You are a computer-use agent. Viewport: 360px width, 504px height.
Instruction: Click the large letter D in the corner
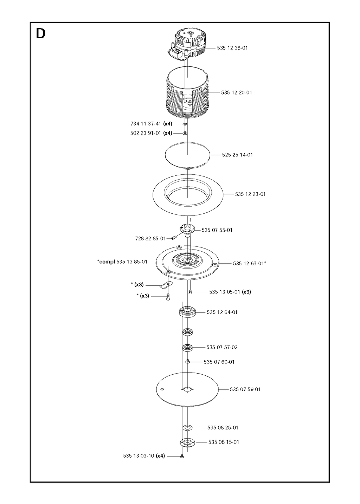point(40,34)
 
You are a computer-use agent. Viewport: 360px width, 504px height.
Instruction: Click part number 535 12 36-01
point(232,48)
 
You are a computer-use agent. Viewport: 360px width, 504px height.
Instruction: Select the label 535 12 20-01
point(237,92)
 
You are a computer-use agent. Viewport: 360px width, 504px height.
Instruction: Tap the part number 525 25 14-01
point(237,155)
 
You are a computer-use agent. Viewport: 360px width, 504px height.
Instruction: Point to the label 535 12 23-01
point(250,194)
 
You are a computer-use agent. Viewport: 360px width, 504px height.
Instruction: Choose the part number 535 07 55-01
point(217,230)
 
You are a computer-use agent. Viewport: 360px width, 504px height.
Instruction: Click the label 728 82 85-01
point(150,239)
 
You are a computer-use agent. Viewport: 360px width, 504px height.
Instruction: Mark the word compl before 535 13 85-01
point(107,262)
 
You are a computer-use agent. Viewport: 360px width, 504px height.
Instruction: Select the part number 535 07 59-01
point(245,389)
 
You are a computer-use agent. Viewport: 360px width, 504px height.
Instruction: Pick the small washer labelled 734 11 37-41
point(185,124)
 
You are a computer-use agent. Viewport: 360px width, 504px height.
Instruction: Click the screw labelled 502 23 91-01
point(185,133)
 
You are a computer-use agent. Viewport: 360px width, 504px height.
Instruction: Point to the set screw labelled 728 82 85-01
point(174,238)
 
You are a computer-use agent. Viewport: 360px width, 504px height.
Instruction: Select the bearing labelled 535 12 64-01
point(187,312)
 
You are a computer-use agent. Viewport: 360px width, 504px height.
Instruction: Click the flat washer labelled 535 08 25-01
point(187,427)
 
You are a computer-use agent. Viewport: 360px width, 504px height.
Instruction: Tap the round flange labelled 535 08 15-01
point(187,442)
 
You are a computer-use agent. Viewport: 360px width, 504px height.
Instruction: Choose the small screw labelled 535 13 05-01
point(190,292)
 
